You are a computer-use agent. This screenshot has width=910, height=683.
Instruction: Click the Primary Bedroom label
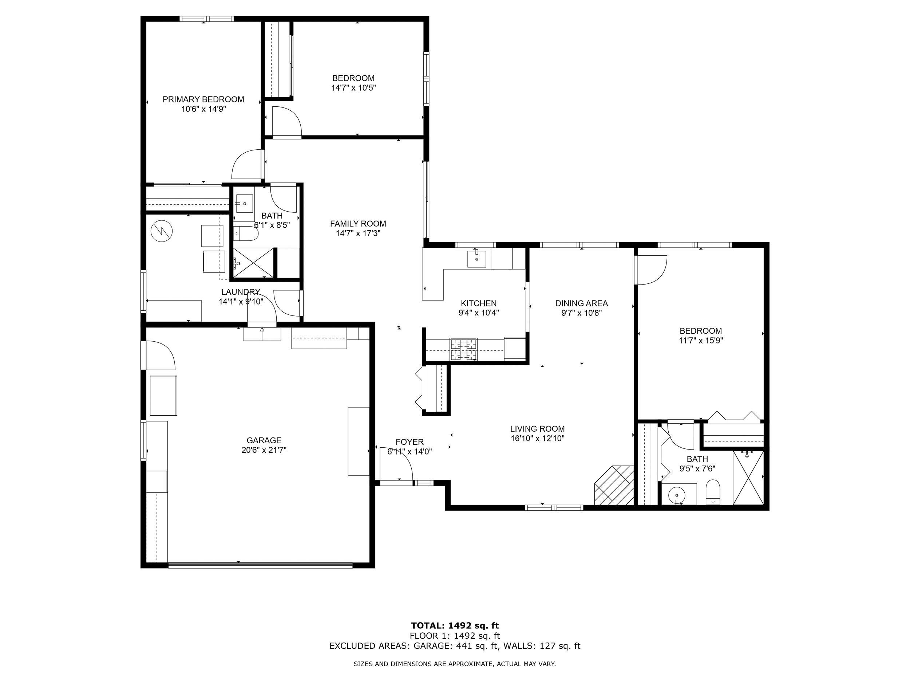click(203, 99)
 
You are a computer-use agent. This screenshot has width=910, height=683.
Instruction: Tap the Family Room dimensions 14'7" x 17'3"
click(357, 233)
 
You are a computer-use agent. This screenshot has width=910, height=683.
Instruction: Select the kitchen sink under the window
click(476, 259)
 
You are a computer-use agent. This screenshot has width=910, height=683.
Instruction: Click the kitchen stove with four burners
click(464, 349)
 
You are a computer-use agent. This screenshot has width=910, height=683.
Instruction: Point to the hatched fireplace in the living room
click(614, 486)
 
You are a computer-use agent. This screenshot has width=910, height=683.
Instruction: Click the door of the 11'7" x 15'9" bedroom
click(651, 270)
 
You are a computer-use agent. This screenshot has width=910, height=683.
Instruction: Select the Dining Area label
click(581, 303)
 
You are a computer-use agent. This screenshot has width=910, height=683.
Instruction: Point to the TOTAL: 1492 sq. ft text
click(455, 626)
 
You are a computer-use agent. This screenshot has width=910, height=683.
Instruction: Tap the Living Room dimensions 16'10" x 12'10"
click(537, 439)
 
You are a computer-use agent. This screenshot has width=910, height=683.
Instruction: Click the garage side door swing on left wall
click(160, 355)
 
